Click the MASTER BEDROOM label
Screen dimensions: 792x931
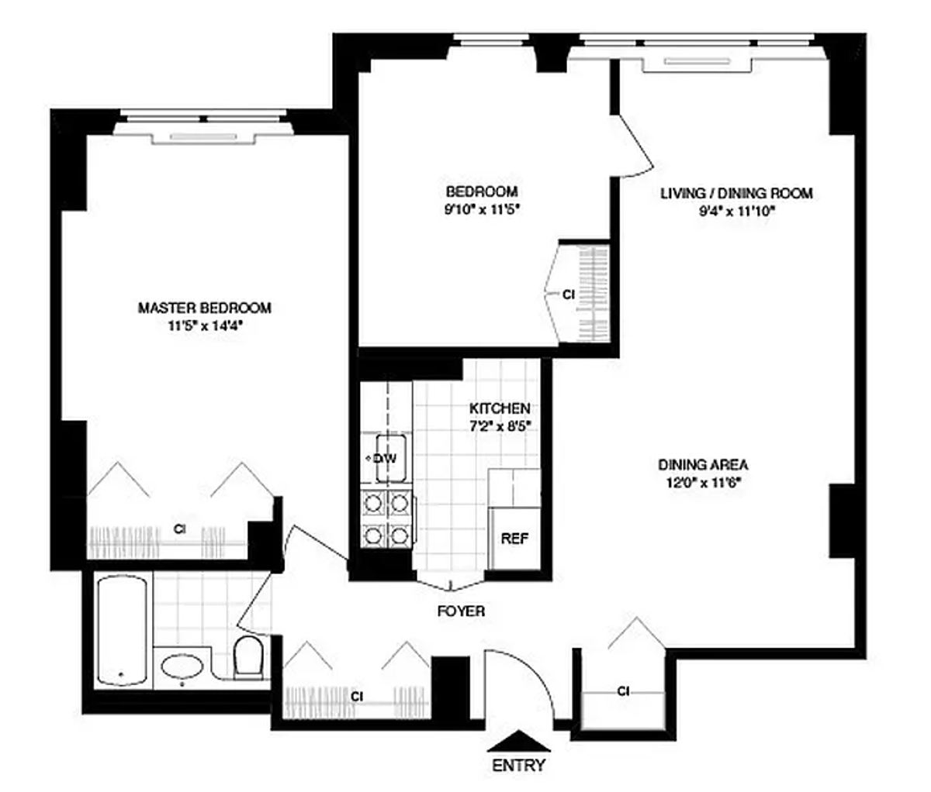coord(204,308)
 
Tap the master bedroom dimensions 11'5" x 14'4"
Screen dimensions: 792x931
coord(204,326)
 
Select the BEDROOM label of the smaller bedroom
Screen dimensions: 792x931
coord(481,191)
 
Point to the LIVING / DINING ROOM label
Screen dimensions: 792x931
coord(736,193)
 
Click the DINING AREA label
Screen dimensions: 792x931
coord(703,465)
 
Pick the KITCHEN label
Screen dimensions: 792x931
coord(500,408)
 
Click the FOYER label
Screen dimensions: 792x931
coord(461,611)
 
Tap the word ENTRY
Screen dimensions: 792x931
coord(519,766)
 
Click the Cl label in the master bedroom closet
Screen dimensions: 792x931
coord(180,529)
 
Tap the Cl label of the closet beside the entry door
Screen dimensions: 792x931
coord(623,690)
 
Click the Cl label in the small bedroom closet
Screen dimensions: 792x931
coord(568,294)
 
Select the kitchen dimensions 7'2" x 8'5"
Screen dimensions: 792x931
coord(500,425)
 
